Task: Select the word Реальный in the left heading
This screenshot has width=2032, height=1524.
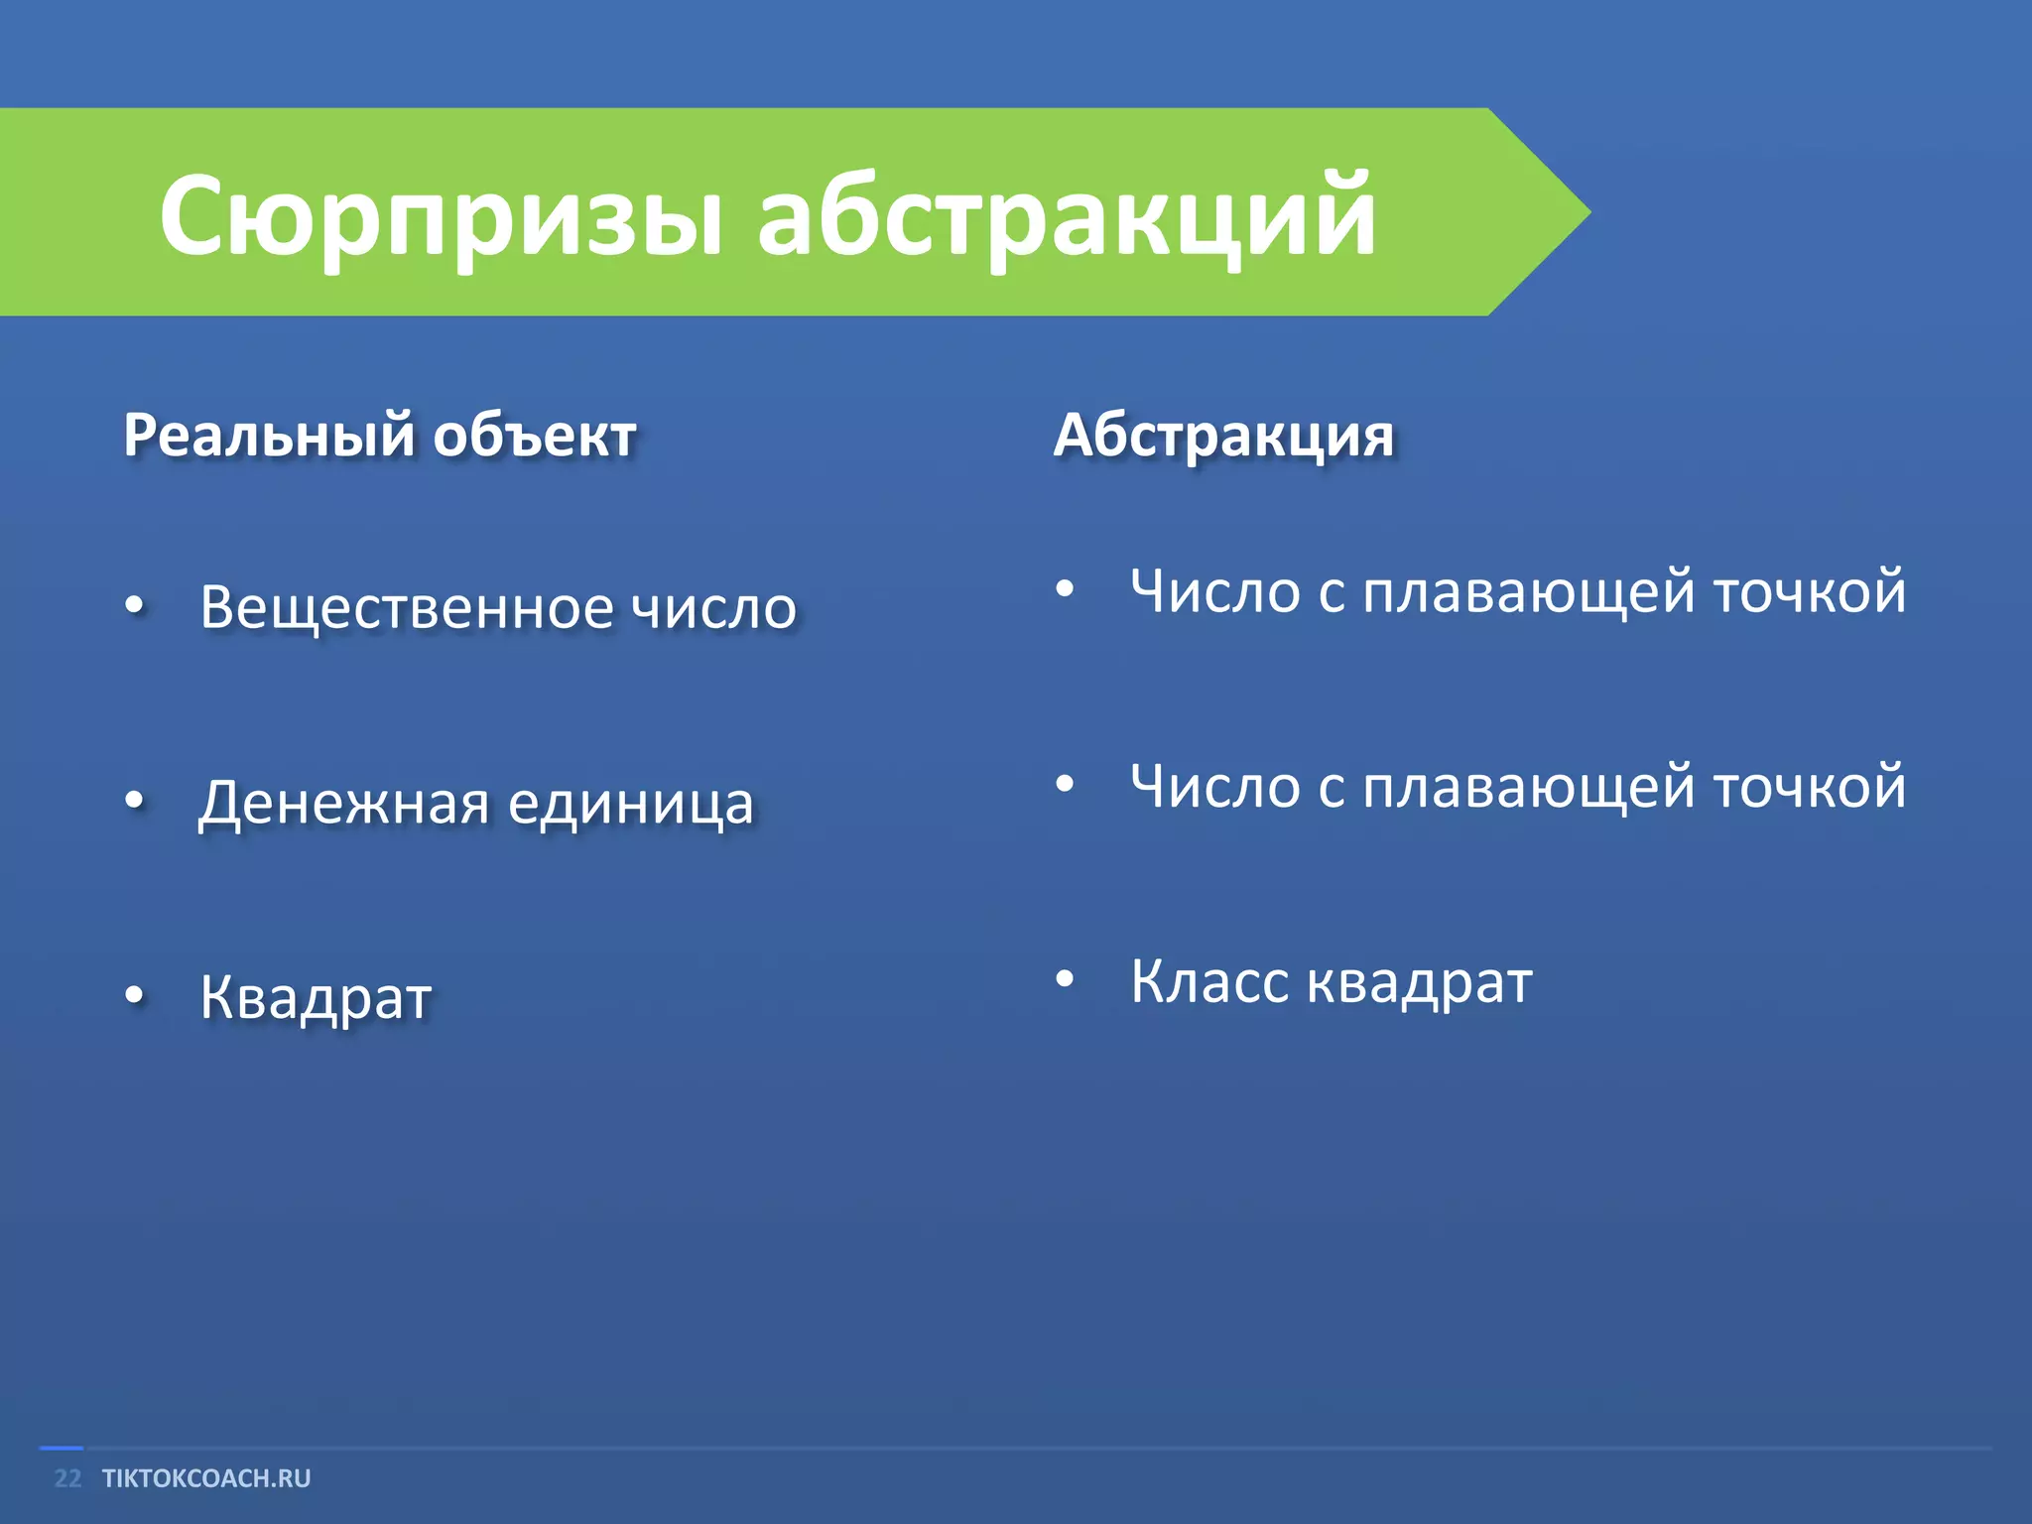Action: (269, 437)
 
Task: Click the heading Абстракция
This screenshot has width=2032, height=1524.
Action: (1223, 437)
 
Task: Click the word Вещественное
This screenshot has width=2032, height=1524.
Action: (407, 607)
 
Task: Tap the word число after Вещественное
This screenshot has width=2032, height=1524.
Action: (714, 607)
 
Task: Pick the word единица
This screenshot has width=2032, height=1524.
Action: (631, 802)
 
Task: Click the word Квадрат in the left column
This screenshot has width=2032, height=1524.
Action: (316, 997)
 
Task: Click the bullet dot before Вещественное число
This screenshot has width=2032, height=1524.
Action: (135, 604)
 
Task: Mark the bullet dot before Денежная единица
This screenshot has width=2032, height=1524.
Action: (135, 799)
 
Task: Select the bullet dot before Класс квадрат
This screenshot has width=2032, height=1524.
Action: (1065, 979)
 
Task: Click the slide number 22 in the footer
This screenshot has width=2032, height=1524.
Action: (67, 1478)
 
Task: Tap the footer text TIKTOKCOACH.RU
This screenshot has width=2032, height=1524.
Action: (206, 1478)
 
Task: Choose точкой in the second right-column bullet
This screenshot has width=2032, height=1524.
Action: (1810, 788)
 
